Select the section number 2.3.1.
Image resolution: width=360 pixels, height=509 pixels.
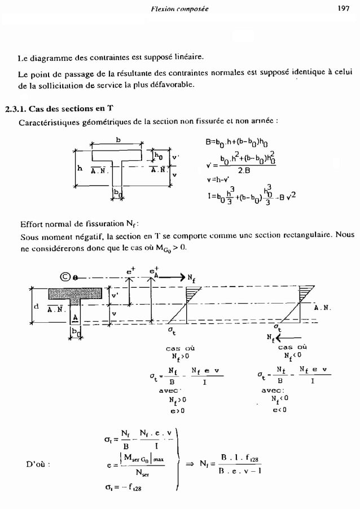[17, 109]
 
